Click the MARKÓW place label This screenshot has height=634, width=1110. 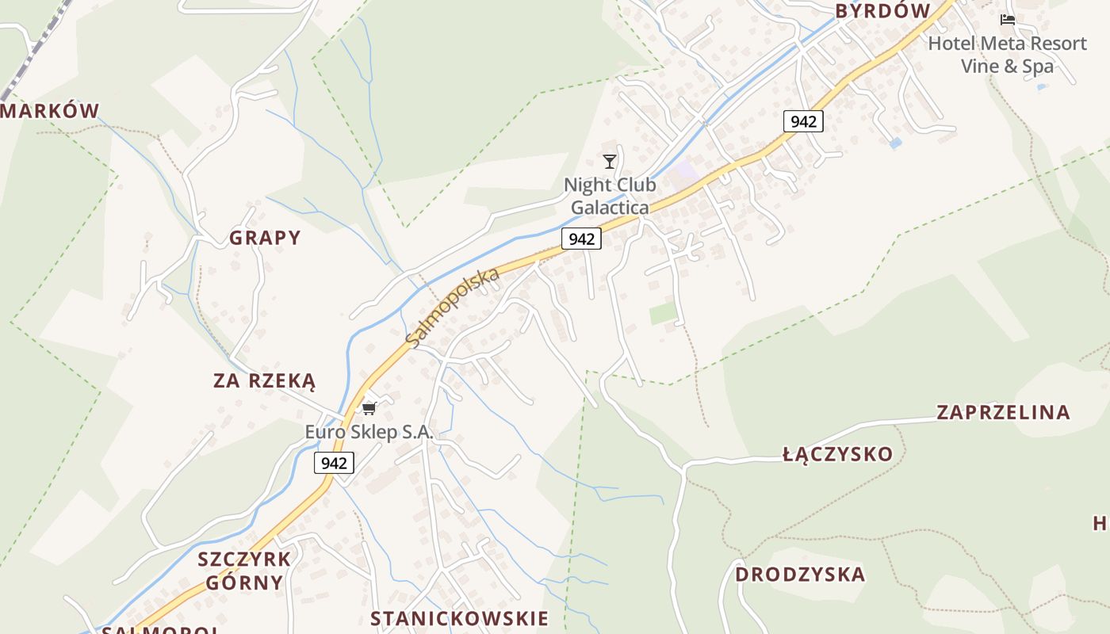coord(49,111)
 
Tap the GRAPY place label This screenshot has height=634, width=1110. coord(265,238)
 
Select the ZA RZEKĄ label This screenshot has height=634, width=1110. coord(264,381)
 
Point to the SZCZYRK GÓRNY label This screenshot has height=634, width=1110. coord(244,571)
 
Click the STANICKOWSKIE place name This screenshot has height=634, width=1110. coord(459,619)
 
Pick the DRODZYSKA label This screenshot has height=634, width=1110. coord(799,575)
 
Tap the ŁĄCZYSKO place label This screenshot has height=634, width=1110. coord(837,455)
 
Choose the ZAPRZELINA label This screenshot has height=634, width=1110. coord(1003,413)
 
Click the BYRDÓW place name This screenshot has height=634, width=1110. coord(882,11)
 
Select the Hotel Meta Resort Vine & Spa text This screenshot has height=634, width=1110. coord(1007,54)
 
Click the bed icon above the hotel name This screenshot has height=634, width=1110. coord(1008,20)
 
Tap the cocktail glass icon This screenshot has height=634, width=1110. coord(609,162)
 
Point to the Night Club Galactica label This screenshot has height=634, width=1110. coord(610,197)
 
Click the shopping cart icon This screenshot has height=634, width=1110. coord(369,409)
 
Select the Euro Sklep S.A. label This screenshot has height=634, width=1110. coord(369,433)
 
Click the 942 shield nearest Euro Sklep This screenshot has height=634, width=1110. coord(334,463)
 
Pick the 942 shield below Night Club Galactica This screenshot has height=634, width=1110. coord(581,239)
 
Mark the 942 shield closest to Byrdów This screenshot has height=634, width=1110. coord(803,121)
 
